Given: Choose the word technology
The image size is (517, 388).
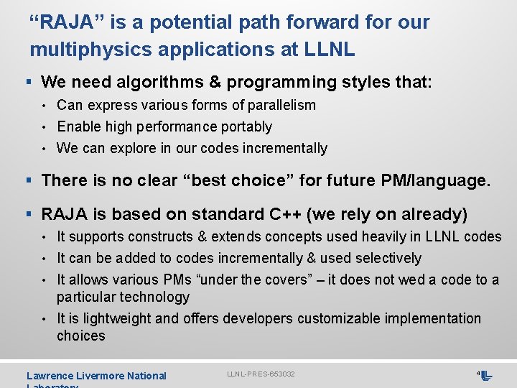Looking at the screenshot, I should pyautogui.click(x=153, y=297).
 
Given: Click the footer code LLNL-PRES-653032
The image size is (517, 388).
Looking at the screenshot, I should pyautogui.click(x=261, y=374).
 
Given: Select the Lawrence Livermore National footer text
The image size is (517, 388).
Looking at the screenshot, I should pyautogui.click(x=96, y=376).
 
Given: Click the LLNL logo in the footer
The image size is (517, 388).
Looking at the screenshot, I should pyautogui.click(x=485, y=376).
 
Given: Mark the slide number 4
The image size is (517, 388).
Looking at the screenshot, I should pyautogui.click(x=478, y=374).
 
